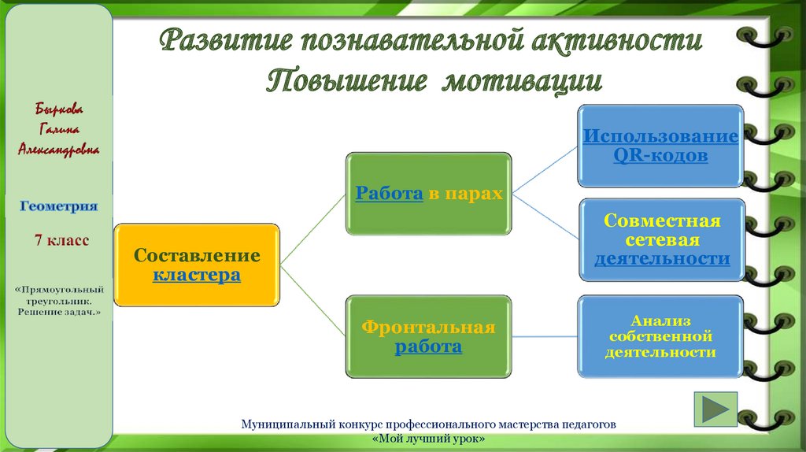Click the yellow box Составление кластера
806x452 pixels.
coord(197,265)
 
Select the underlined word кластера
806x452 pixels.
coord(196,276)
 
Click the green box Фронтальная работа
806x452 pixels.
coord(428,336)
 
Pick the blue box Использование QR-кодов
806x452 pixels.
coord(660,146)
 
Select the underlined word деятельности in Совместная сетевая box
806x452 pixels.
coord(661,258)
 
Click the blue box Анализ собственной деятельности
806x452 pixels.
coord(660,336)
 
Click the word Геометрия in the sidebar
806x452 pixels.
coord(59,206)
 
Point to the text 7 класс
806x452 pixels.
coord(61,239)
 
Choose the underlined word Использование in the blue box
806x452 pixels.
coord(660,136)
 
